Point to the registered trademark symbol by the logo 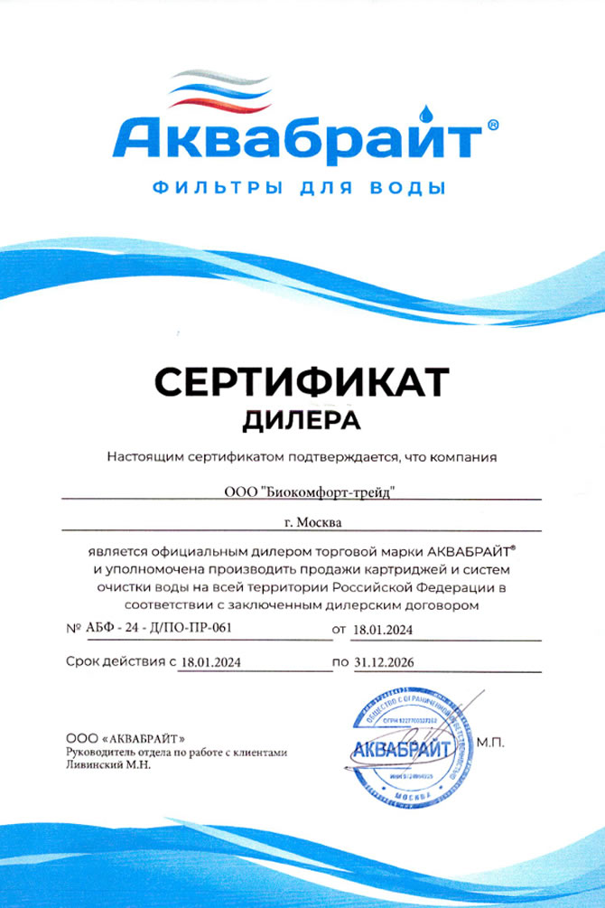(491, 127)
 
